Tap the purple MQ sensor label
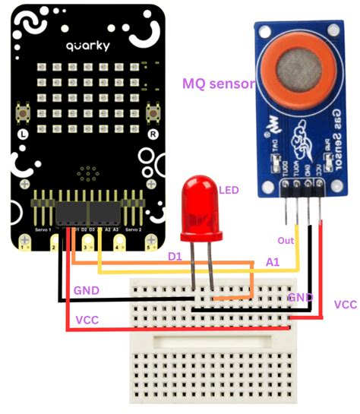pos(219,84)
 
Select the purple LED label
pos(229,190)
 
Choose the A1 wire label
pos(270,261)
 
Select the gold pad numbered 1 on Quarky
pos(24,244)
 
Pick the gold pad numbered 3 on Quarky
pos(86,244)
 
